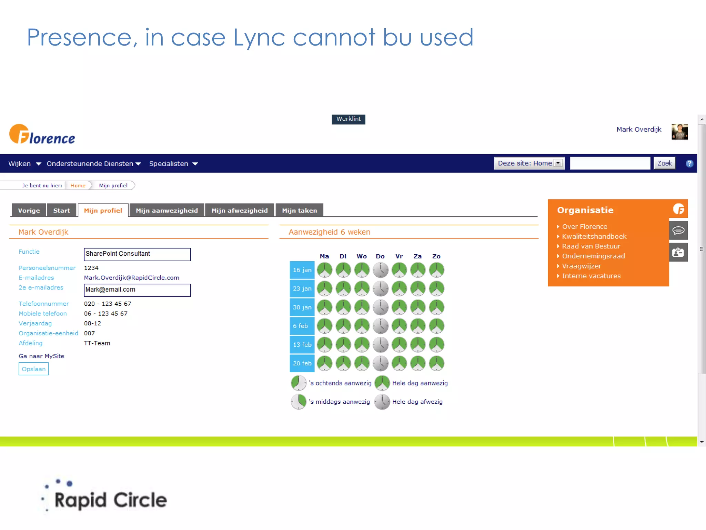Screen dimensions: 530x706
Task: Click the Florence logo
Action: tap(42, 135)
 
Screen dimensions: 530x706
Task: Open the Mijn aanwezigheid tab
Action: tap(167, 210)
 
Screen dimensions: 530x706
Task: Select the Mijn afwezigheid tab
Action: tap(240, 210)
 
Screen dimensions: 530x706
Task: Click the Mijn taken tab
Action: tap(299, 210)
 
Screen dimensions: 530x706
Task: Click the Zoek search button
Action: tap(664, 163)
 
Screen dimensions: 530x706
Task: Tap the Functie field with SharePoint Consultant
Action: tap(137, 254)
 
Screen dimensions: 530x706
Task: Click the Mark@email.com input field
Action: tap(137, 290)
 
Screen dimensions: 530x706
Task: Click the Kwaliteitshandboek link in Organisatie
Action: tap(594, 236)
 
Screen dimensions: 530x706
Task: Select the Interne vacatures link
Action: tap(591, 276)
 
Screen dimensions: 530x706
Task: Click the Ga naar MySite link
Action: tap(41, 356)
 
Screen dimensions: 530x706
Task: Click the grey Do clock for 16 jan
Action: tap(381, 270)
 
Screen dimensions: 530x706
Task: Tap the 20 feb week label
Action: tap(302, 363)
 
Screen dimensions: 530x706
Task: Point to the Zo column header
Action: tap(436, 256)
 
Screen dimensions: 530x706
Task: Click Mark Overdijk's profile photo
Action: tap(679, 132)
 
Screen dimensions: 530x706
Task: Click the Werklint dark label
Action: tap(349, 119)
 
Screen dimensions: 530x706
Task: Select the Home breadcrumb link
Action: tap(78, 186)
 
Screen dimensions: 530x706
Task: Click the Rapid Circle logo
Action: tap(105, 497)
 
